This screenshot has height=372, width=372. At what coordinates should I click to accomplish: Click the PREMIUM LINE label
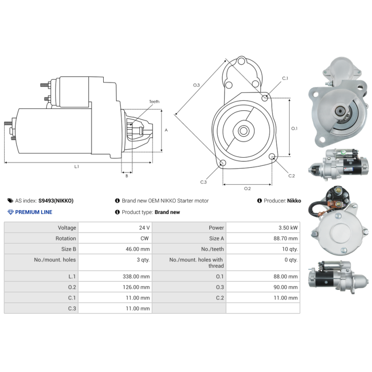(x=33, y=212)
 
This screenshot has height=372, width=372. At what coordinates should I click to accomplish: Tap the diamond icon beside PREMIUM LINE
(x=11, y=212)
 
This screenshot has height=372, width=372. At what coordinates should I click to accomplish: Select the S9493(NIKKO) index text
(x=56, y=201)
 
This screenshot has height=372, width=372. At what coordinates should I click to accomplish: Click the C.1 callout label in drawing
(x=285, y=78)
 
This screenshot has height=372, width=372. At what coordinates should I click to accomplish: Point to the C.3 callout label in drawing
(x=203, y=182)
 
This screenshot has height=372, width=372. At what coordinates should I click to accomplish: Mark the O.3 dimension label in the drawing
(x=196, y=85)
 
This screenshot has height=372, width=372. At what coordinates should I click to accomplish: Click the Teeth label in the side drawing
(x=154, y=101)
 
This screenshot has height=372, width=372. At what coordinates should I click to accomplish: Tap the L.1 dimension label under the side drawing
(x=77, y=166)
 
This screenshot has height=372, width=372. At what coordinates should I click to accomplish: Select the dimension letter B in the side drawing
(x=126, y=176)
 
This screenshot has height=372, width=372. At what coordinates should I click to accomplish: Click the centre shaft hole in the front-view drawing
(x=243, y=131)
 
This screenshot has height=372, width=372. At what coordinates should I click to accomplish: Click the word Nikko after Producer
(x=294, y=201)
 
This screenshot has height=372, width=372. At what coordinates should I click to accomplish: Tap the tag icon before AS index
(x=11, y=201)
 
